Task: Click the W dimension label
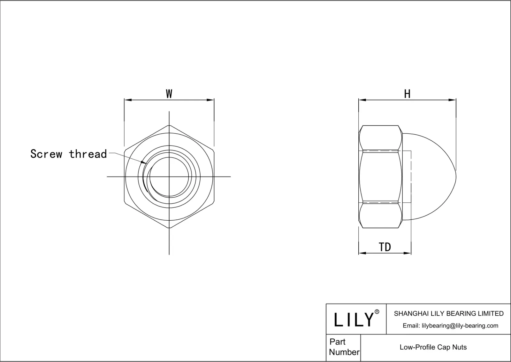coord(169,94)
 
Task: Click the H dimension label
coord(407,94)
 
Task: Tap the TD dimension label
coord(385,247)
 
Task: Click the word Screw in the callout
coord(46,154)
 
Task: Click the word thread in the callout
coord(88,154)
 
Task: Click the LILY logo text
coord(354,319)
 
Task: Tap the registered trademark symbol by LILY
coord(377,312)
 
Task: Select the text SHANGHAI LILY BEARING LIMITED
coord(448,314)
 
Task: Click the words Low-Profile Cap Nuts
coord(433,347)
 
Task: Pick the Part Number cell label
coord(344,347)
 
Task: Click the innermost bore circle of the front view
coord(169,177)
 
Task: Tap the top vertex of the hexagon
coord(169,125)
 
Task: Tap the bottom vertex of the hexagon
coord(169,228)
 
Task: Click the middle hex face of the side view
coord(380,177)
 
